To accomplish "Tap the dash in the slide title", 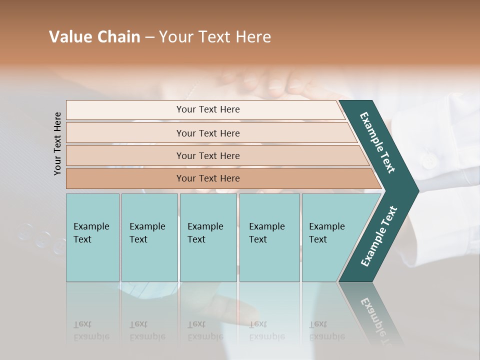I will click(149, 37).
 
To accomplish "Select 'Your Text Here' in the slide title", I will click(215, 37).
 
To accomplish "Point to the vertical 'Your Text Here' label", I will click(57, 143).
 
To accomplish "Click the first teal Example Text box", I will click(92, 237).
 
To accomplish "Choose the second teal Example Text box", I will click(149, 237).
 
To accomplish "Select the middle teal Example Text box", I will click(208, 237).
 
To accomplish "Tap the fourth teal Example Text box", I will click(269, 237).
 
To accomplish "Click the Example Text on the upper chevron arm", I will click(377, 142).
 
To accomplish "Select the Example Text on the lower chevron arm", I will click(379, 236).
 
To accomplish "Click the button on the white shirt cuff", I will click(428, 161).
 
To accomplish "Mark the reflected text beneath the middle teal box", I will click(205, 330).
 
